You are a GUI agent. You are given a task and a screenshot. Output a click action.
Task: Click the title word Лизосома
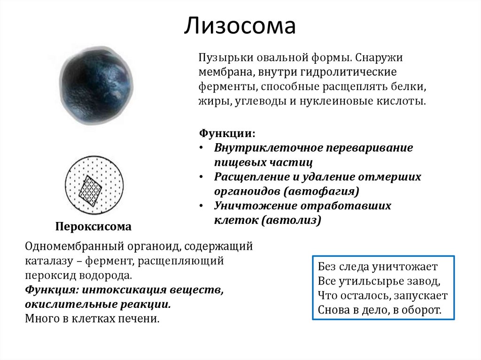tap(240, 26)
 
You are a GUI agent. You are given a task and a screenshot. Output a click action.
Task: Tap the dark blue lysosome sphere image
tap(96, 85)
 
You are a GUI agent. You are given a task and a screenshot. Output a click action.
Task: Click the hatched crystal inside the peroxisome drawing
tap(90, 191)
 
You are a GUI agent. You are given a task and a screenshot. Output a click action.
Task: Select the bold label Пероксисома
tap(93, 226)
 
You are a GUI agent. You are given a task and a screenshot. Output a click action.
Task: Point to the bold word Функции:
tap(227, 133)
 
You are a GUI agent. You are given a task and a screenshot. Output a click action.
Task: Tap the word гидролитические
tap(349, 72)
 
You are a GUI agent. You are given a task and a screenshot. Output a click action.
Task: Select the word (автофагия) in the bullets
tap(321, 191)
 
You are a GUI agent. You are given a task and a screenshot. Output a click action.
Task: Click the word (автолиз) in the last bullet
tap(291, 220)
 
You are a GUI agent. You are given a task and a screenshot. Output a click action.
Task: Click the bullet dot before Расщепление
tap(201, 177)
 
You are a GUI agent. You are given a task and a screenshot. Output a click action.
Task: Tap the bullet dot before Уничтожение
tap(201, 206)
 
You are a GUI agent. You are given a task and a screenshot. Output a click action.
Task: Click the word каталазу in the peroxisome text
tap(49, 261)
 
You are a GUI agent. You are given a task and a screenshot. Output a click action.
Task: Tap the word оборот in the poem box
tap(421, 310)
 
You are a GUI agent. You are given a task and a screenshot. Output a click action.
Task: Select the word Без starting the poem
tap(327, 267)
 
